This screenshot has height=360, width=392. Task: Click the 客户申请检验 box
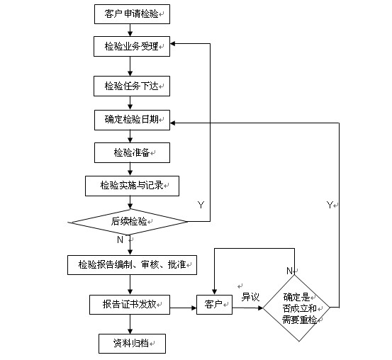point(132,14)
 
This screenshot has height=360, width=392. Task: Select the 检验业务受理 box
point(132,47)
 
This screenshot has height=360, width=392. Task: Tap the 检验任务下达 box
point(132,86)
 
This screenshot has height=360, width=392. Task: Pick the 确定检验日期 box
point(132,120)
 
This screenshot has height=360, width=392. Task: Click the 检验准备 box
point(132,153)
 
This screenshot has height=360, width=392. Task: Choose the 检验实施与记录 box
point(132,186)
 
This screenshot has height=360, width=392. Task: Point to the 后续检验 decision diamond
point(128,222)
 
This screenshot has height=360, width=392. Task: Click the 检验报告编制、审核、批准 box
point(132,265)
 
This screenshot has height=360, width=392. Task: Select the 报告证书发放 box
point(130,305)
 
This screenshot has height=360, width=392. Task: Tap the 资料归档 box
point(132,344)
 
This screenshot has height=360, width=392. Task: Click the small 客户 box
point(215,305)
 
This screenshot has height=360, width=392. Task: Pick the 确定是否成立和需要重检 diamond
point(297,308)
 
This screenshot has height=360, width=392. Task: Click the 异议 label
point(250,297)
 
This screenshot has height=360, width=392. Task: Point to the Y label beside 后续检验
point(201,205)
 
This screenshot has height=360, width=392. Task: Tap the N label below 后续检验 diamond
point(120,240)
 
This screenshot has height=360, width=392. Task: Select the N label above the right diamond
point(289,271)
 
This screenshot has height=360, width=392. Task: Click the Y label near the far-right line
point(330,205)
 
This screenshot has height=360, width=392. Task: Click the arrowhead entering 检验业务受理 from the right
point(173,44)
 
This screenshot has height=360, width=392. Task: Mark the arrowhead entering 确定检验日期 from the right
point(173,123)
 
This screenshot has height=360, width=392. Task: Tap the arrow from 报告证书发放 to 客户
point(184,308)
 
